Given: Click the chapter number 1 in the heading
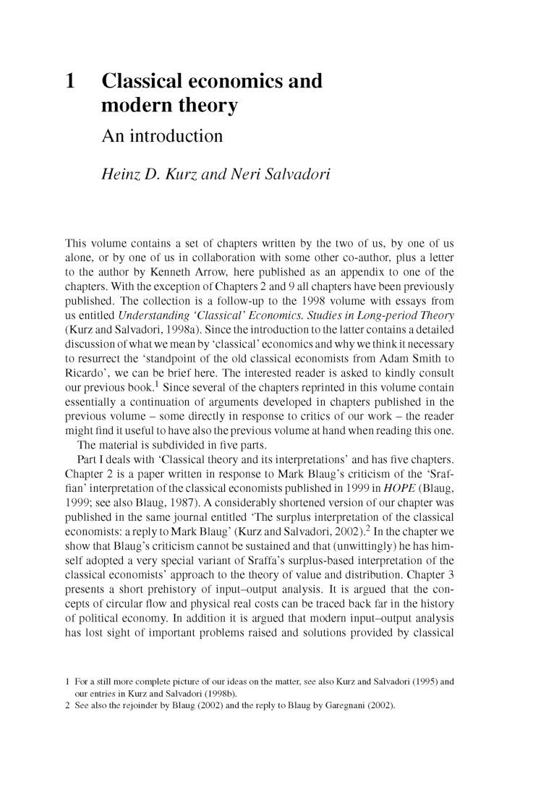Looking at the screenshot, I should (x=71, y=80).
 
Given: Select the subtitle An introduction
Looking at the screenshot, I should (x=162, y=135).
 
